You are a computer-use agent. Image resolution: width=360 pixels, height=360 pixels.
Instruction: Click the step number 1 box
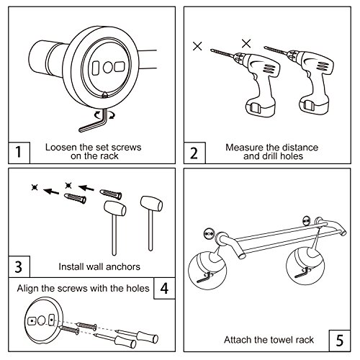(x=19, y=153)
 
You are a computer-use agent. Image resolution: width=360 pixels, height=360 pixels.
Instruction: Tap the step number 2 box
(x=194, y=153)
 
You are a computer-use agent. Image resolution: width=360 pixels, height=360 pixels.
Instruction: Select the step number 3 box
(x=19, y=266)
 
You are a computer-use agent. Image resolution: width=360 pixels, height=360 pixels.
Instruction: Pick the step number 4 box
(x=164, y=288)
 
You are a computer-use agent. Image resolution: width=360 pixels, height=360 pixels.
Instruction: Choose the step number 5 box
(x=340, y=341)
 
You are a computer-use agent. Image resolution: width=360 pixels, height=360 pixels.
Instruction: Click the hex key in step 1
(x=94, y=124)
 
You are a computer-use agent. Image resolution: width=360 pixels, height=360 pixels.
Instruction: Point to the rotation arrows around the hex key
(x=104, y=115)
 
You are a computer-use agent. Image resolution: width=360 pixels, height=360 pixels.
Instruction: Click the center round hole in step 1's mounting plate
(x=108, y=68)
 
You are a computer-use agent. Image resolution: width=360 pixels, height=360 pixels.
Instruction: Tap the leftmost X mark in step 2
(x=197, y=46)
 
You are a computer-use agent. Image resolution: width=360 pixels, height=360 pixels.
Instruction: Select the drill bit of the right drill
(x=276, y=50)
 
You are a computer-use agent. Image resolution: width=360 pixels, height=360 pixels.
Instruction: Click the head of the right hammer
(x=151, y=204)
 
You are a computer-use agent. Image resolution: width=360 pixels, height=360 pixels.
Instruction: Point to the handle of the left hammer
(x=114, y=235)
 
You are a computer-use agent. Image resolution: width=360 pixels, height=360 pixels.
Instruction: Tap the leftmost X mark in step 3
(x=35, y=187)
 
